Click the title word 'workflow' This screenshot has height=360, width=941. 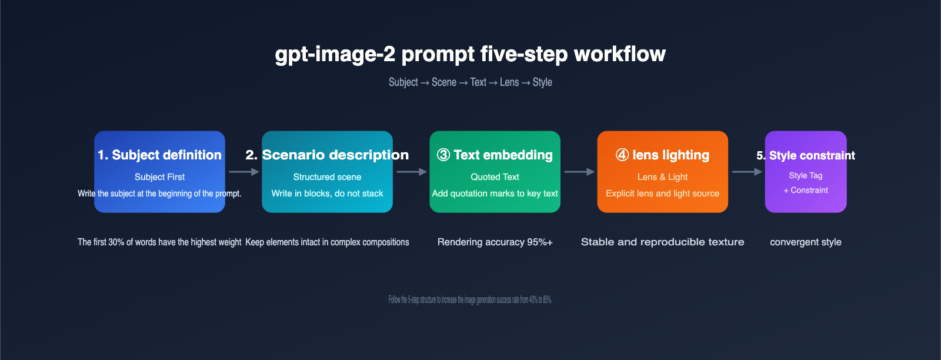pyautogui.click(x=619, y=54)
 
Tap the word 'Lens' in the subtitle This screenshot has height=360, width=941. pyautogui.click(x=509, y=82)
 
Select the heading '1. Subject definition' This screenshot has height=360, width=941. pyautogui.click(x=159, y=155)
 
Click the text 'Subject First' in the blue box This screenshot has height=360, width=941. pyautogui.click(x=159, y=176)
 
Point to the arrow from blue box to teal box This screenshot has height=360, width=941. pyautogui.click(x=243, y=172)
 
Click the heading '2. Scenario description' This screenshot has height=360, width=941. pyautogui.click(x=327, y=155)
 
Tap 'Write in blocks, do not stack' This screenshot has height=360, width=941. pyautogui.click(x=327, y=194)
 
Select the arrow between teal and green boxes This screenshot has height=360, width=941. pyautogui.click(x=411, y=172)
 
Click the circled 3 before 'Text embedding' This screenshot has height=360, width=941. pyautogui.click(x=443, y=155)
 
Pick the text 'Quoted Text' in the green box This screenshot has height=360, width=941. pyautogui.click(x=495, y=176)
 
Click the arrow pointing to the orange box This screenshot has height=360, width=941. pyautogui.click(x=579, y=172)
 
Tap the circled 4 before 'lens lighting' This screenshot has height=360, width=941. pyautogui.click(x=622, y=155)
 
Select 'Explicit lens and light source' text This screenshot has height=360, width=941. pyautogui.click(x=662, y=194)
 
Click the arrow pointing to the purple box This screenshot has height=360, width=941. pyautogui.click(x=747, y=172)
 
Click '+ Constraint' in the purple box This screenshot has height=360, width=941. pyautogui.click(x=806, y=190)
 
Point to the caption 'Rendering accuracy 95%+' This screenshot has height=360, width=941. pyautogui.click(x=495, y=242)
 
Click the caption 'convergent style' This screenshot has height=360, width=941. pyautogui.click(x=805, y=242)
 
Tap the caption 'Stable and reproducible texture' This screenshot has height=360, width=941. pyautogui.click(x=662, y=242)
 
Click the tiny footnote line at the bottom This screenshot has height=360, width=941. pyautogui.click(x=470, y=299)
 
